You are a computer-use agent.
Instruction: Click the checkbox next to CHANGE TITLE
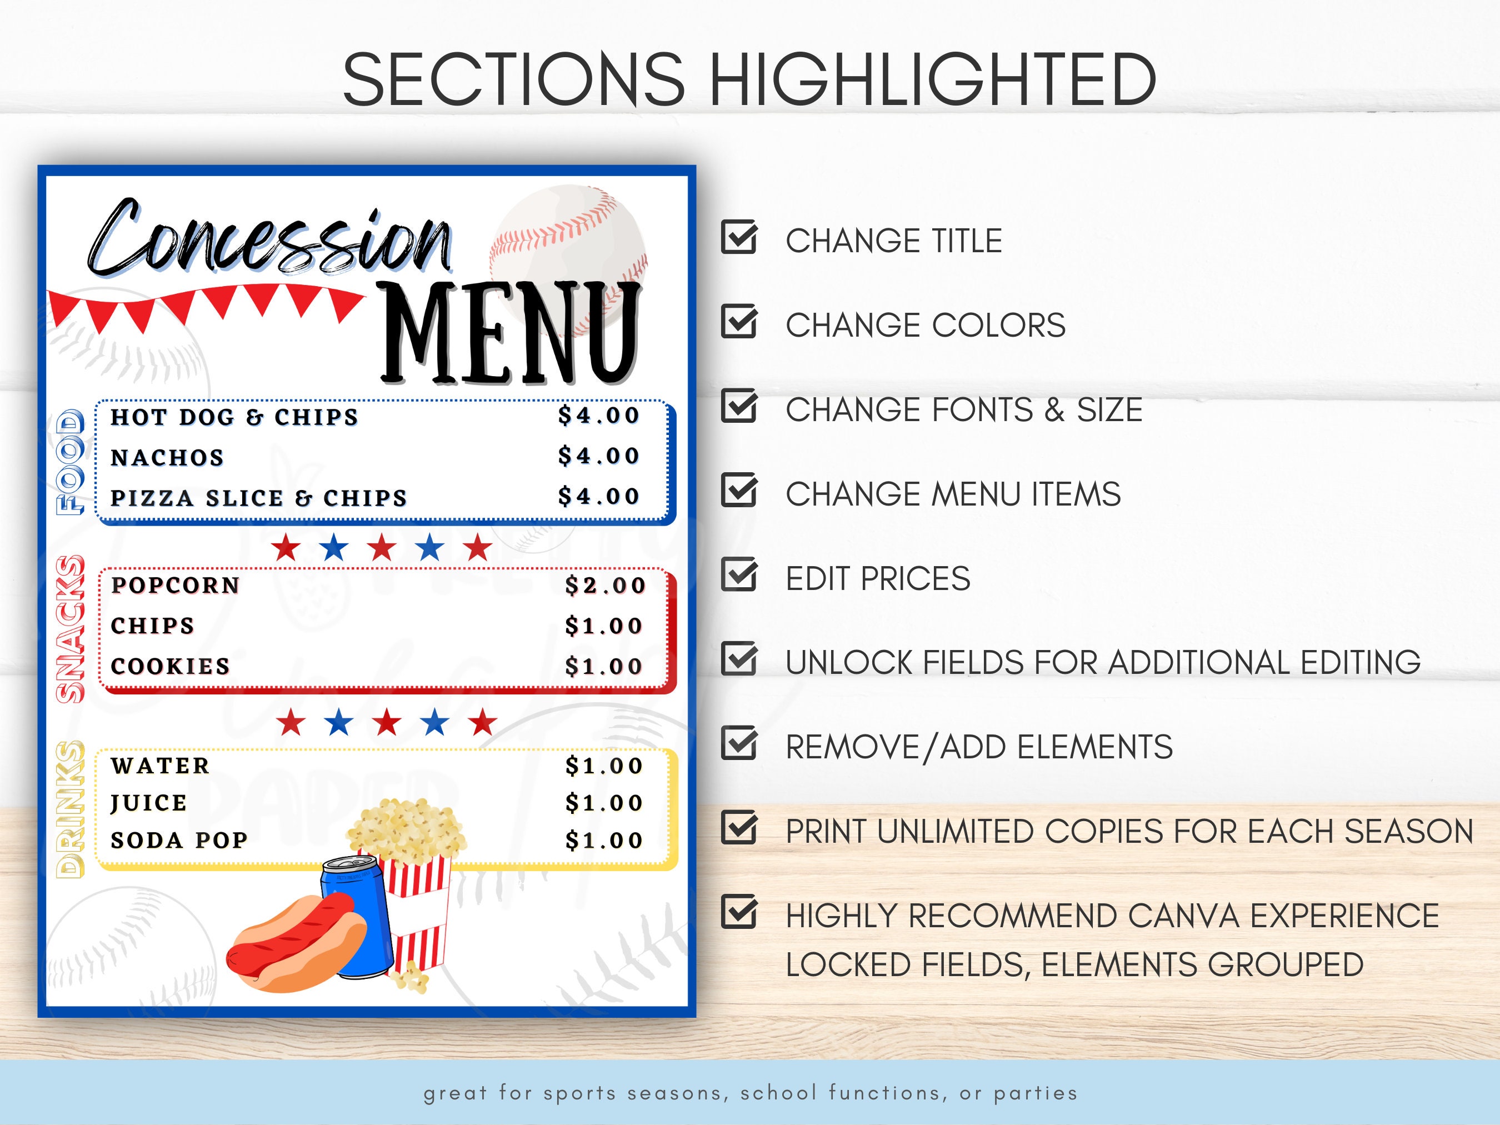(x=738, y=237)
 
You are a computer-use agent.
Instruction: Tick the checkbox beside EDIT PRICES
(x=738, y=575)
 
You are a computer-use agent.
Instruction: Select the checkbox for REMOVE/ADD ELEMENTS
(x=738, y=744)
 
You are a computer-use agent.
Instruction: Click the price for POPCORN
(x=605, y=585)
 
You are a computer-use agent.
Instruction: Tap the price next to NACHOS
(x=599, y=456)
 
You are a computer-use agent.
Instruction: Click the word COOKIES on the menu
(x=170, y=666)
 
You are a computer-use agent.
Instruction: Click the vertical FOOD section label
(x=71, y=462)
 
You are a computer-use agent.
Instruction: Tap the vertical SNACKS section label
(x=71, y=629)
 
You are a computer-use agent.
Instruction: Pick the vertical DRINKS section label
(x=71, y=809)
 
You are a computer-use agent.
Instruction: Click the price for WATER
(x=603, y=766)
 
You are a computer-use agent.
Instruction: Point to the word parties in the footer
(x=1035, y=1093)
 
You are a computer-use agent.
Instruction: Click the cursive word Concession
(x=271, y=241)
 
